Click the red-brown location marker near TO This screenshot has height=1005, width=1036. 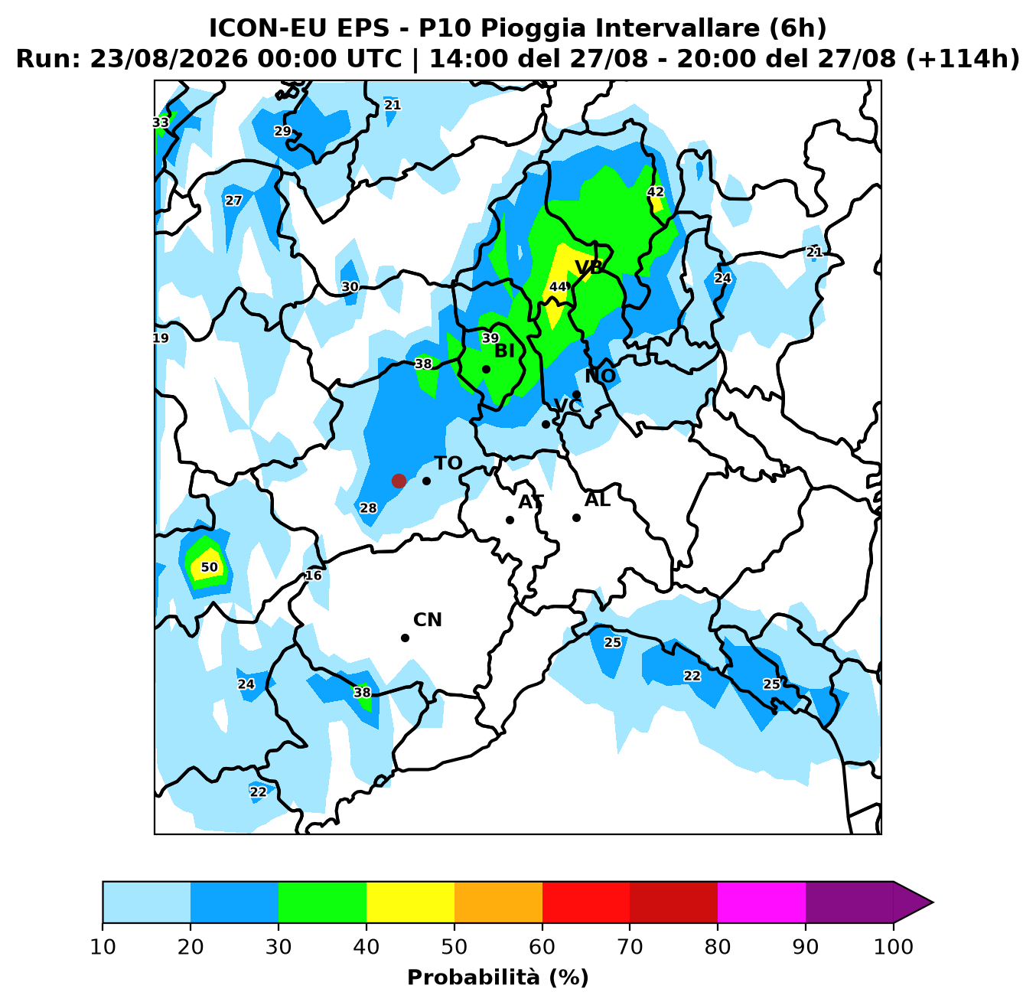pos(399,481)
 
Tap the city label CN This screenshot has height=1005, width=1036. pos(428,620)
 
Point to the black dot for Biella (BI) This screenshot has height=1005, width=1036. pos(486,369)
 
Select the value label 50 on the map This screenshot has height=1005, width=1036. pos(209,567)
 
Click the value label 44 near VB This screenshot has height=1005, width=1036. pos(557,286)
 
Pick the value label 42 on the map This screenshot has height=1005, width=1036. pos(656,191)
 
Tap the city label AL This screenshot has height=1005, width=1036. pos(597,500)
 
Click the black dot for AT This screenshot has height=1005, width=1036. pos(510,520)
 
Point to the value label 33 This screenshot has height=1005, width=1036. pos(161,122)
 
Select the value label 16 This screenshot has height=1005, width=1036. pos(314,575)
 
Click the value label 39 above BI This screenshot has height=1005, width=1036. pos(490,338)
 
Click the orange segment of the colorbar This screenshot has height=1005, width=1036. pos(498,902)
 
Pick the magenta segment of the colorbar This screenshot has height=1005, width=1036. pos(761,902)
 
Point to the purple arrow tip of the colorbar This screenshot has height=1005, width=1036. pos(933,902)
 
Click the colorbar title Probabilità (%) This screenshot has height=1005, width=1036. pos(498,977)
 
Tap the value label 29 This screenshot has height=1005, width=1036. pos(282,131)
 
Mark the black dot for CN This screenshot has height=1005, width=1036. pos(405,638)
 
